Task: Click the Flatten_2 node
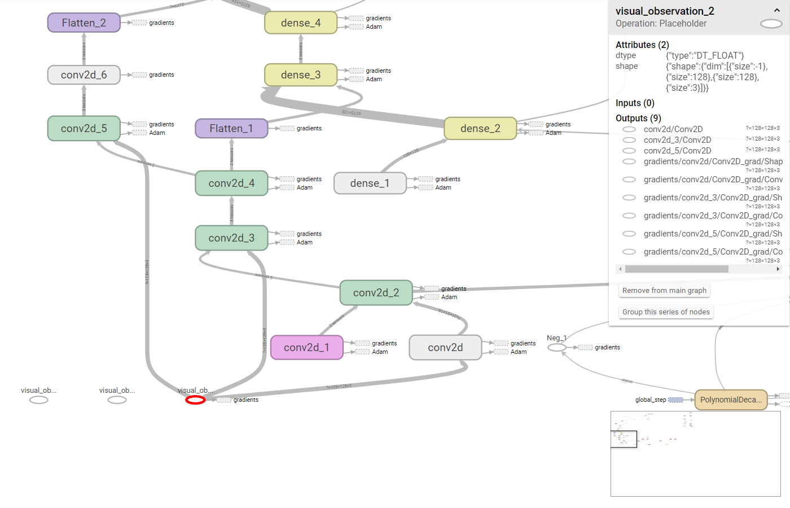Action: point(84,23)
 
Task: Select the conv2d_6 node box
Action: point(84,75)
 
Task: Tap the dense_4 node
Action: point(301,23)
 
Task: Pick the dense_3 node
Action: point(301,75)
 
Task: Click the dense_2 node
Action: point(480,129)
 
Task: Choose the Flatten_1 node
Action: point(231,129)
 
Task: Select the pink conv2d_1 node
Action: point(307,348)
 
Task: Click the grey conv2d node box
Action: point(445,348)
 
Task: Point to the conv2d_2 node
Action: point(376,293)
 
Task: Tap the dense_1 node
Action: point(370,183)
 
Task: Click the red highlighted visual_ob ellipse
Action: point(195,400)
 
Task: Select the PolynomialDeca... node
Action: point(731,400)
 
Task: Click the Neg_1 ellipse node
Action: point(556,348)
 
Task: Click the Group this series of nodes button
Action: point(666,312)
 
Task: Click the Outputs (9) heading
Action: point(638,119)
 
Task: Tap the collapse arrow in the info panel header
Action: point(777,11)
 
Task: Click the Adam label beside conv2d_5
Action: point(157,133)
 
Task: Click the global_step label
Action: point(650,400)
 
